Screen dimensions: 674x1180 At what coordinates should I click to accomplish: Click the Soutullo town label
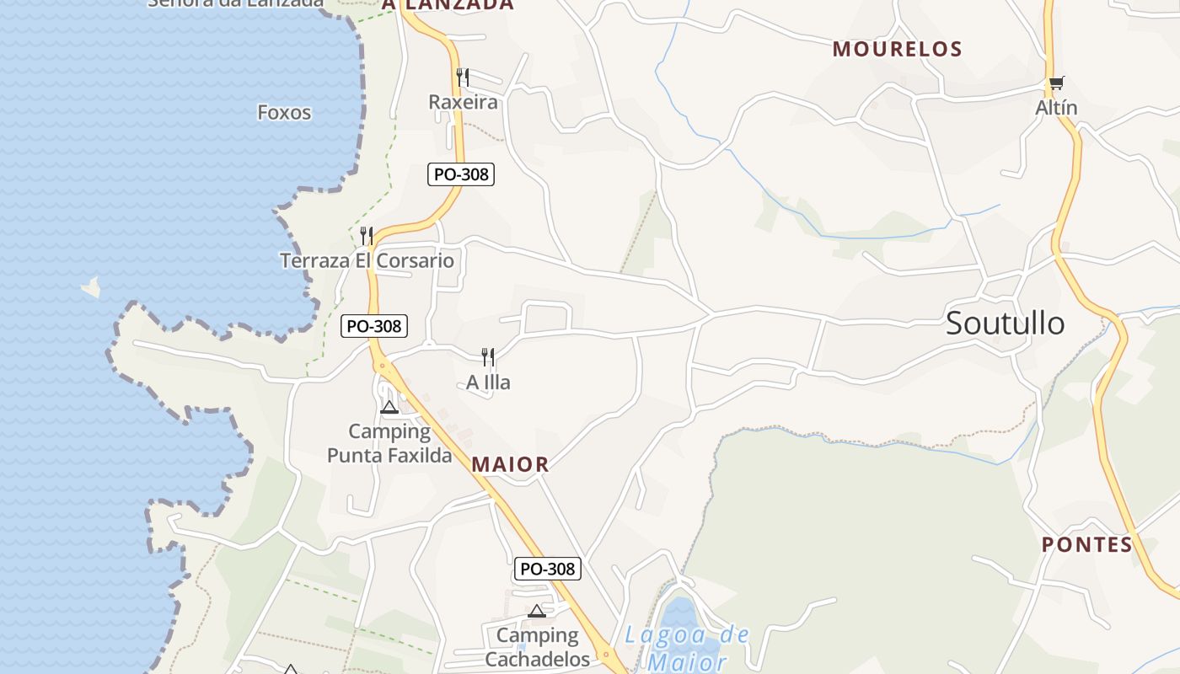[x=1005, y=324]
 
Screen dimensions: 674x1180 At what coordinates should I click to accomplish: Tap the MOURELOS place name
[x=897, y=50]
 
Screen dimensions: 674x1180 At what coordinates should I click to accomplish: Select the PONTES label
[x=1087, y=545]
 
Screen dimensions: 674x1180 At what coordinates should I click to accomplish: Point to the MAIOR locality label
[x=510, y=464]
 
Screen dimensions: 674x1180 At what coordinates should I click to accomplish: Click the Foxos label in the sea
[x=284, y=113]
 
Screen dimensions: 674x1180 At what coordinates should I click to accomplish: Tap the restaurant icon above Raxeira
[x=462, y=78]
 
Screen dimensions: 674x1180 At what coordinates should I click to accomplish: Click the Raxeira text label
[x=463, y=103]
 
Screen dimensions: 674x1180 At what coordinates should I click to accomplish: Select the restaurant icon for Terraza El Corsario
[x=366, y=236]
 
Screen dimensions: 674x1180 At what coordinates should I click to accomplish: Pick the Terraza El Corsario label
[x=367, y=261]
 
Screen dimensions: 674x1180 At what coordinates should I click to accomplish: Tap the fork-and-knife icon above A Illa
[x=487, y=357]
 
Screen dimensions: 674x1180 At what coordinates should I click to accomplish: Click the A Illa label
[x=488, y=383]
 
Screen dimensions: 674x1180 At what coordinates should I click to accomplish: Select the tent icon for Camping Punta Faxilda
[x=389, y=408]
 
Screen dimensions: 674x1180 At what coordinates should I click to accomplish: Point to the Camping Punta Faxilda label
[x=389, y=444]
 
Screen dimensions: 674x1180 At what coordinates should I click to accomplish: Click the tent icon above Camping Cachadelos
[x=537, y=611]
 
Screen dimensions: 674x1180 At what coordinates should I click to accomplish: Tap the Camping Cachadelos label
[x=537, y=647]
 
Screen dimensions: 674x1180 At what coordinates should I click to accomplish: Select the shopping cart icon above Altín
[x=1056, y=83]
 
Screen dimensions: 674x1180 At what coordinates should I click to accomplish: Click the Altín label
[x=1056, y=109]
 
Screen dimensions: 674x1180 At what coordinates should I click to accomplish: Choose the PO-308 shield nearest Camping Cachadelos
[x=548, y=569]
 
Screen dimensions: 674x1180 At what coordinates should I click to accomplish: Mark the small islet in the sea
[x=91, y=288]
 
